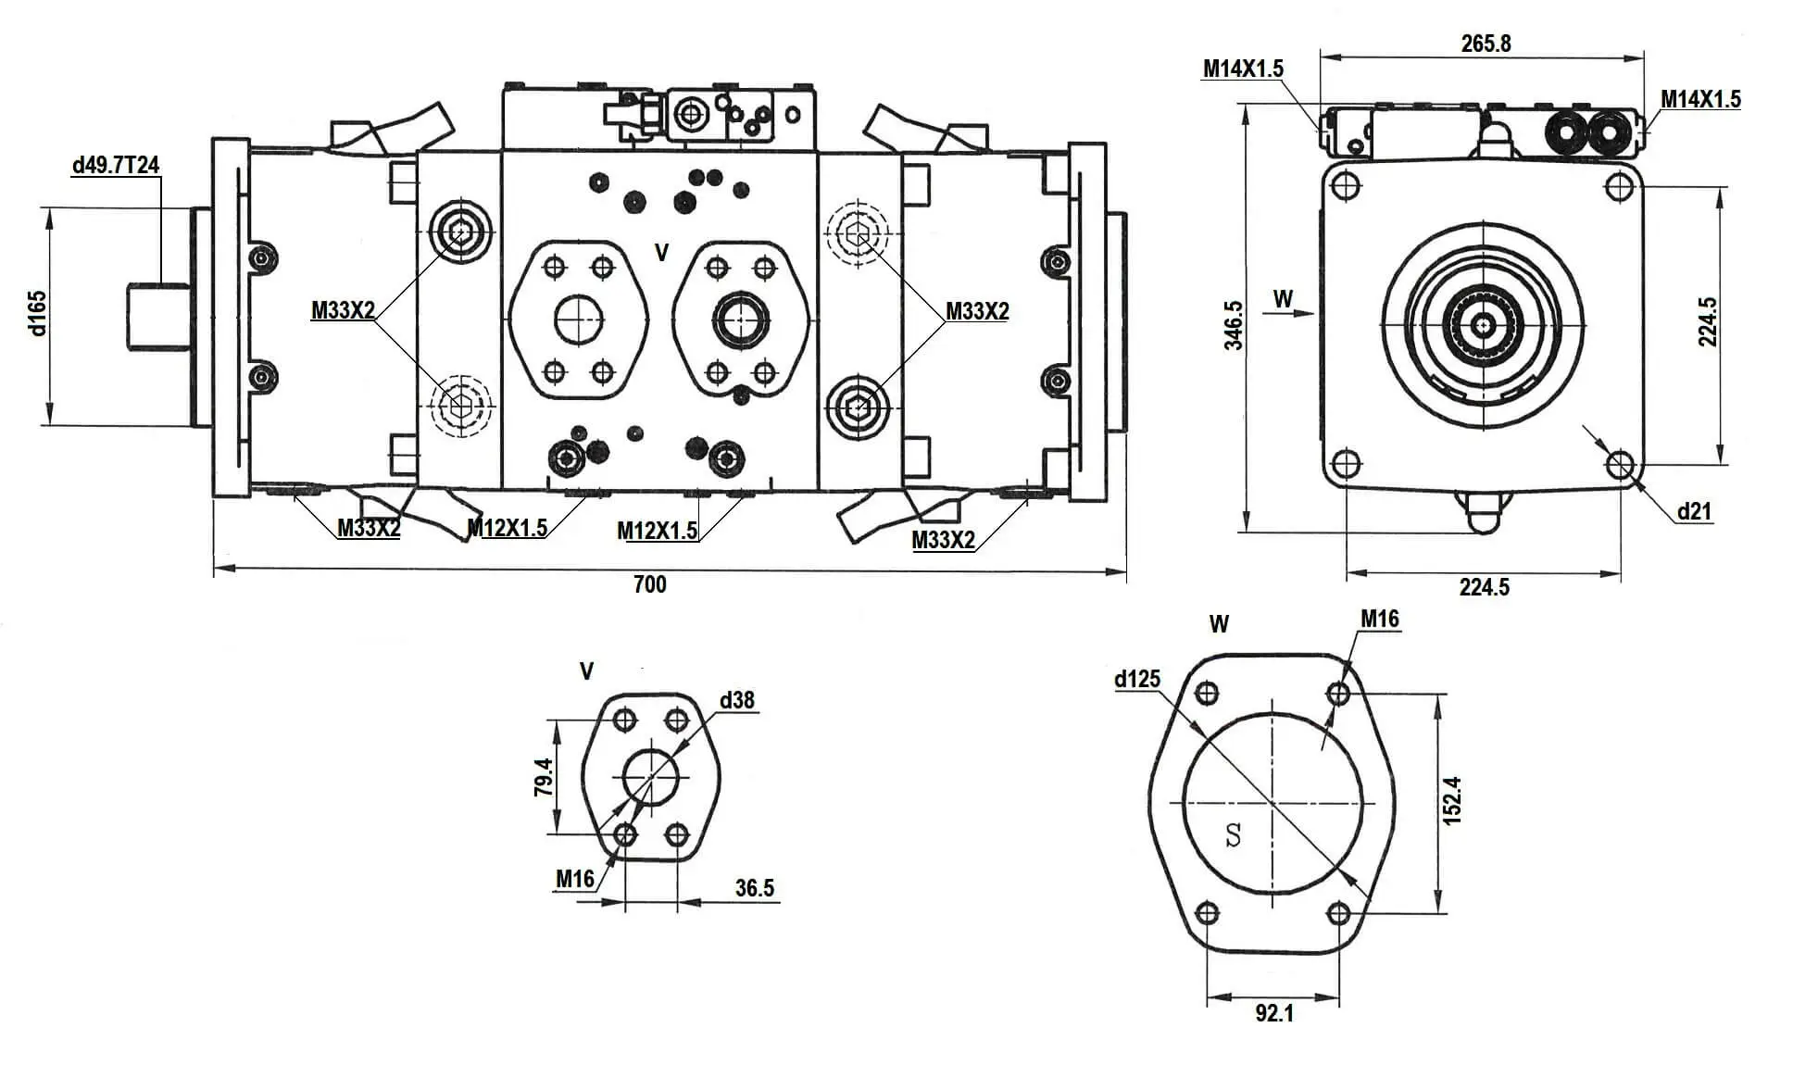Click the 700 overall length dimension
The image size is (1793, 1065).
click(x=649, y=584)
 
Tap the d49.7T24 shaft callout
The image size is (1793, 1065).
click(x=116, y=166)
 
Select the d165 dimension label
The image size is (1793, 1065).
click(x=36, y=313)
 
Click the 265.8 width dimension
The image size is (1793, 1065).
click(x=1486, y=44)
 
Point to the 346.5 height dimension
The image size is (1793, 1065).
click(x=1234, y=324)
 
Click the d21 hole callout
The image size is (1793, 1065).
click(x=1694, y=511)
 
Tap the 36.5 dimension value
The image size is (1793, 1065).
click(x=755, y=888)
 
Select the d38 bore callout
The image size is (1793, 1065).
click(x=736, y=700)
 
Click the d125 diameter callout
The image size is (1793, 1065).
click(x=1136, y=680)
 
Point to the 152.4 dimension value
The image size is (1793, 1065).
click(x=1451, y=800)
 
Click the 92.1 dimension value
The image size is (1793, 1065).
click(x=1274, y=1013)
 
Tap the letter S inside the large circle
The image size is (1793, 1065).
click(x=1233, y=835)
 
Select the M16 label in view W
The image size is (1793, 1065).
click(x=1379, y=619)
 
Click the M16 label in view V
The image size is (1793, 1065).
click(x=574, y=878)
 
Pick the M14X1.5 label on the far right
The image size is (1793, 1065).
click(x=1700, y=99)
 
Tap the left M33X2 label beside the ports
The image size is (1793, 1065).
click(x=343, y=310)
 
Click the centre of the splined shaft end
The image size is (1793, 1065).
click(x=1485, y=324)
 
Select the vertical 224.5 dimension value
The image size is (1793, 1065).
click(x=1707, y=322)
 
